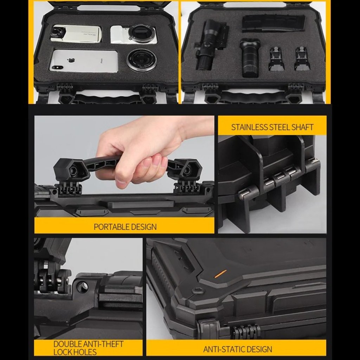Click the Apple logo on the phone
(x=71, y=60)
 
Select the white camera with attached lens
(x=134, y=34)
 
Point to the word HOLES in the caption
(x=85, y=352)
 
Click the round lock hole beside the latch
(x=82, y=286)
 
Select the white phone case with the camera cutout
(x=76, y=33)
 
